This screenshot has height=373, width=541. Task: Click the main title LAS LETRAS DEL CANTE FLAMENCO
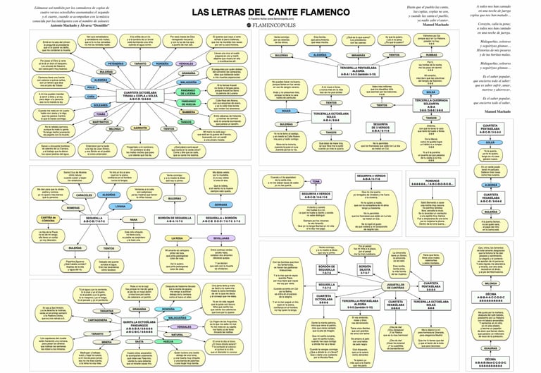click(x=270, y=12)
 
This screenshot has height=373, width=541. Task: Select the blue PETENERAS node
click(x=116, y=64)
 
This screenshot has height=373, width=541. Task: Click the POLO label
click(x=92, y=88)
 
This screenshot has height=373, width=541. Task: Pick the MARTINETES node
click(x=101, y=121)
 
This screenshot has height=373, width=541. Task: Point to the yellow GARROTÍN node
click(x=139, y=128)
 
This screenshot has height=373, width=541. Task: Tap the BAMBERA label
click(x=188, y=111)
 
